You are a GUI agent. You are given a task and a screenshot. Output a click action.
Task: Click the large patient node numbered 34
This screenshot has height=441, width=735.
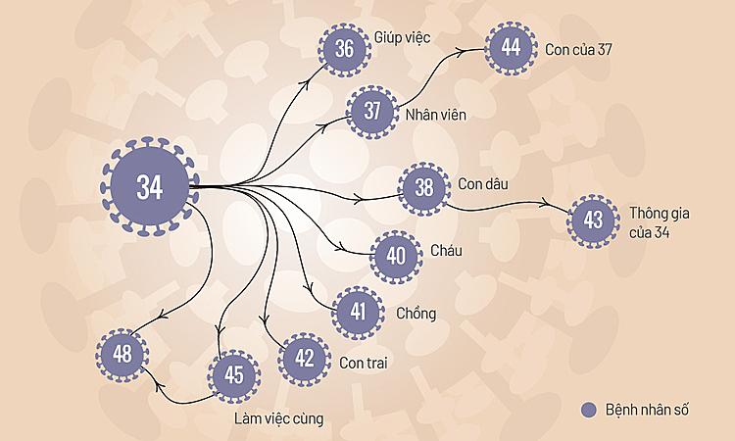point(149,187)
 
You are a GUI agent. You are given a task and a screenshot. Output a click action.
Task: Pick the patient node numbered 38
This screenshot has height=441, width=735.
point(423,187)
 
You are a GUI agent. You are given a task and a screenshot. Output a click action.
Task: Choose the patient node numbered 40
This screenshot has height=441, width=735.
point(396,257)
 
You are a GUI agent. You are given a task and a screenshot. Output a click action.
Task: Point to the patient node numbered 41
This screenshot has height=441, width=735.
point(359,313)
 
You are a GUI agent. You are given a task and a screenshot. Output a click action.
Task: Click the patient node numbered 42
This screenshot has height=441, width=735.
point(305,359)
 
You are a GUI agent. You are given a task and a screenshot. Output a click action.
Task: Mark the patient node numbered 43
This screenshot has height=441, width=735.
point(593,220)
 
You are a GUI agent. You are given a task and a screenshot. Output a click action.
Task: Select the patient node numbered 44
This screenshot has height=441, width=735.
point(510,48)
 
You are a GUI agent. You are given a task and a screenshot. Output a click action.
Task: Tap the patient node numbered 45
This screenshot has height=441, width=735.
point(233,376)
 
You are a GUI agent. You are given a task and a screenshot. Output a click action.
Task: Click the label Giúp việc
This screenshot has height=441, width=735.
point(402,37)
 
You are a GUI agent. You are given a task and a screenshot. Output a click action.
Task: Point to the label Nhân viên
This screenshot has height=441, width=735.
point(435,114)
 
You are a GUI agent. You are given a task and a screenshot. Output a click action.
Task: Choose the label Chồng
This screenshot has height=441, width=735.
point(416,314)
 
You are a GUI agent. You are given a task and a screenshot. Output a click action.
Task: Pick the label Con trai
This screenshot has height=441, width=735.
point(366,363)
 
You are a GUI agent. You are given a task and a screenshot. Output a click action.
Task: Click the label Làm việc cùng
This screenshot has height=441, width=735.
point(278,419)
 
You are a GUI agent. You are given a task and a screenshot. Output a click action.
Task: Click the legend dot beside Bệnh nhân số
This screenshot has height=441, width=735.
point(588,410)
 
